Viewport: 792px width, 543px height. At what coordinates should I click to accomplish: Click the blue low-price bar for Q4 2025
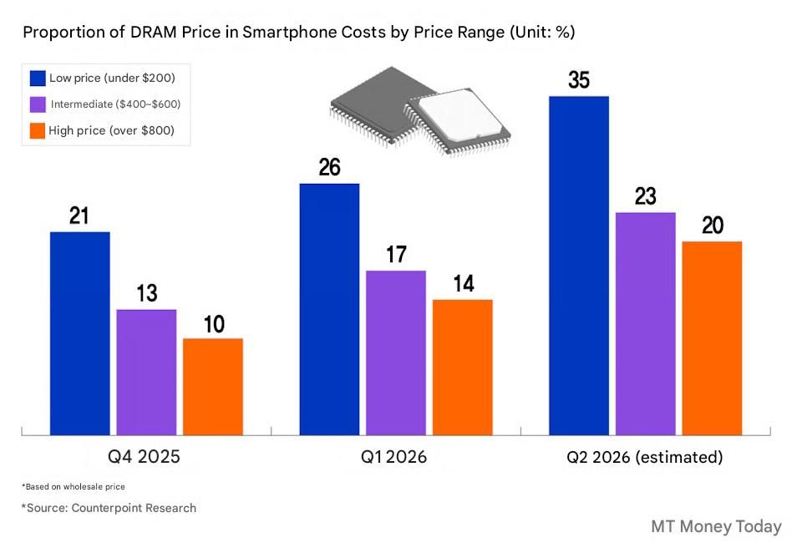pyautogui.click(x=79, y=333)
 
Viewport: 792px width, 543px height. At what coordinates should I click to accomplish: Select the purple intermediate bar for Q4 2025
pyautogui.click(x=146, y=373)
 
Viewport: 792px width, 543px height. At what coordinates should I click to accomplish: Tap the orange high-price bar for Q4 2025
pyautogui.click(x=213, y=387)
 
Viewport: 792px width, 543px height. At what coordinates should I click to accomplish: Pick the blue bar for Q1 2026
pyautogui.click(x=329, y=309)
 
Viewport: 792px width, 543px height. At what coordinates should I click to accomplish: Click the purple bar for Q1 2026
pyautogui.click(x=396, y=353)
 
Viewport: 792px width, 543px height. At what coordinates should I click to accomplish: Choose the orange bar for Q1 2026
pyautogui.click(x=463, y=368)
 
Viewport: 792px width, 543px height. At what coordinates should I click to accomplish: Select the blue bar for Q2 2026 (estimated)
pyautogui.click(x=578, y=266)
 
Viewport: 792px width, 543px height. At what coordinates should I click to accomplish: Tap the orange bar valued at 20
pyautogui.click(x=712, y=338)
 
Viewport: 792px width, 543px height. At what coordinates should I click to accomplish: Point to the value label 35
pyautogui.click(x=578, y=81)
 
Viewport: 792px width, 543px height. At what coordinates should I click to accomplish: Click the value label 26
pyautogui.click(x=329, y=168)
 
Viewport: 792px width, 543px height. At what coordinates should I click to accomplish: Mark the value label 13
pyautogui.click(x=146, y=294)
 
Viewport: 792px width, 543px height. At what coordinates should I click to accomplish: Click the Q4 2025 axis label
pyautogui.click(x=144, y=457)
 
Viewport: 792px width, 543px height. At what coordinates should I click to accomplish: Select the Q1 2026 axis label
pyautogui.click(x=393, y=457)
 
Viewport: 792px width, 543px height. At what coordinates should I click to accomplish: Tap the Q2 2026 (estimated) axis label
pyautogui.click(x=644, y=457)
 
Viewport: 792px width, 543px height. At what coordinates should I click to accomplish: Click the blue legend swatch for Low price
pyautogui.click(x=38, y=79)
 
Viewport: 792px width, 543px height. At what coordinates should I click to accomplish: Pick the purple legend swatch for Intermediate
pyautogui.click(x=38, y=104)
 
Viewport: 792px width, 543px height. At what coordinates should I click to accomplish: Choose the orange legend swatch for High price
pyautogui.click(x=38, y=131)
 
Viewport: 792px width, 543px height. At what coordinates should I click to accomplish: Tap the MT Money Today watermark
pyautogui.click(x=716, y=526)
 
